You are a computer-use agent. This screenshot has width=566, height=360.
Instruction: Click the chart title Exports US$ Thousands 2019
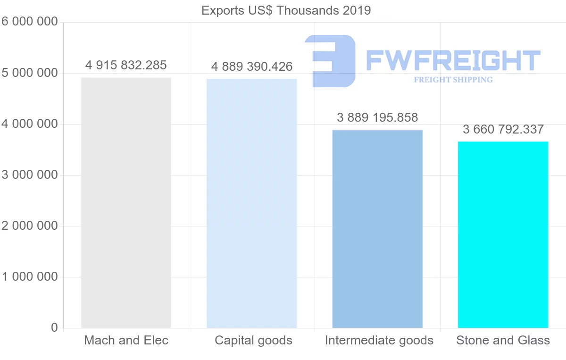tap(286, 10)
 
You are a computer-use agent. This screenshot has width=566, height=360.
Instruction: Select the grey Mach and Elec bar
tap(126, 203)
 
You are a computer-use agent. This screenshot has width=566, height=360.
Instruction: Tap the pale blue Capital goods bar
tap(252, 203)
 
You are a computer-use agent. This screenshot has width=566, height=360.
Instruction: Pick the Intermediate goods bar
tap(377, 229)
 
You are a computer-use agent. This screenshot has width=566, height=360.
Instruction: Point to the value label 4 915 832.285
tap(126, 65)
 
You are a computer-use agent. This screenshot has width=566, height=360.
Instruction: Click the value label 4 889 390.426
tap(252, 67)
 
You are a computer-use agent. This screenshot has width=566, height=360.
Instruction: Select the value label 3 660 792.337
tap(503, 129)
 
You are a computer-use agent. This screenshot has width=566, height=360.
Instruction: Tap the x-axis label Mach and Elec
tap(126, 340)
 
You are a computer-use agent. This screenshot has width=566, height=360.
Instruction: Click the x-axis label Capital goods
tap(253, 340)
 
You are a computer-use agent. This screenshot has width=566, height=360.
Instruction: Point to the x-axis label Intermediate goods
tap(379, 340)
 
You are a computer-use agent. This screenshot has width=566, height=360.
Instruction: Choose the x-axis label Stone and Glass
tap(503, 340)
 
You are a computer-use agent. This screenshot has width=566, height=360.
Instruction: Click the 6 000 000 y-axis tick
tap(29, 22)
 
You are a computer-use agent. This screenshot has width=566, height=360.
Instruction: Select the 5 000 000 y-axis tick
tap(29, 73)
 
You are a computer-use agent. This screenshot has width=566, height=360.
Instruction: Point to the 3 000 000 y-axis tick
tap(29, 175)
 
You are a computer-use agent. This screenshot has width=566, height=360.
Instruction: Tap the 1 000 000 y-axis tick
tap(29, 277)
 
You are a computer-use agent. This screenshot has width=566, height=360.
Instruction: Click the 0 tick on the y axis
tap(54, 327)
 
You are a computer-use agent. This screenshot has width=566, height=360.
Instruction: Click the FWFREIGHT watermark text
tap(453, 60)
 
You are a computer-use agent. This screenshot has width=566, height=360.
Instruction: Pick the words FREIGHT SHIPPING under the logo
tap(453, 80)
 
